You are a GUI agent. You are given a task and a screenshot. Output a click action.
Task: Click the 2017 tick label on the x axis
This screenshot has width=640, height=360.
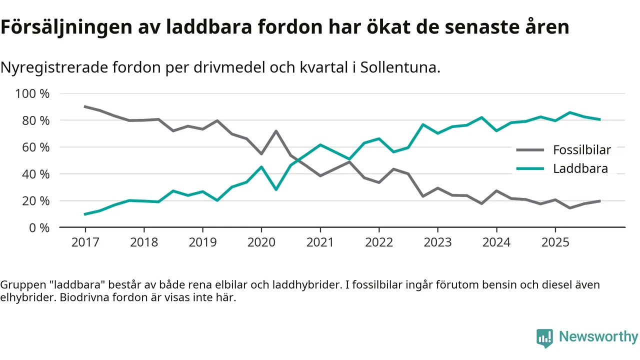[x=85, y=242]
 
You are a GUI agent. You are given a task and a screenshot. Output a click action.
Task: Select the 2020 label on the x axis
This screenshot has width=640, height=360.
[x=261, y=242]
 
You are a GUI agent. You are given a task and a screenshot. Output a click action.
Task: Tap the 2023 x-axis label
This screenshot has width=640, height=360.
[x=437, y=242]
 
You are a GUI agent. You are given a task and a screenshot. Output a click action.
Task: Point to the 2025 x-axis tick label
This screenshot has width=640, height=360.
[x=555, y=242]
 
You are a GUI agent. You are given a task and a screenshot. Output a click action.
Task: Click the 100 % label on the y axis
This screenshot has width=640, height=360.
[x=32, y=94]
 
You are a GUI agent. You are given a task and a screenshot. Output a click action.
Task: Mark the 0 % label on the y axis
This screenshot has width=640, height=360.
[x=39, y=228]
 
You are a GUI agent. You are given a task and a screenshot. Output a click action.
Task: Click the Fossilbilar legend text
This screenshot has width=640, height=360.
[x=582, y=149]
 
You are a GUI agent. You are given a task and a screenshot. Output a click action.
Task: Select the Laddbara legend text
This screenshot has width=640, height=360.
[x=580, y=168]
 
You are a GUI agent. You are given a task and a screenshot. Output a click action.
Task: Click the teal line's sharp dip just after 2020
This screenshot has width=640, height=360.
[x=276, y=189]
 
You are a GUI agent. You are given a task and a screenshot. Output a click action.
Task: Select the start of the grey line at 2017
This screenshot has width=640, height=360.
[x=85, y=106]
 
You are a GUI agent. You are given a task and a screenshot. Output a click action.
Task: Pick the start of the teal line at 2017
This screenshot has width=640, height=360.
[x=85, y=214]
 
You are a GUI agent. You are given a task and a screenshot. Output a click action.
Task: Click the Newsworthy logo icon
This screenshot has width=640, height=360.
[x=544, y=338]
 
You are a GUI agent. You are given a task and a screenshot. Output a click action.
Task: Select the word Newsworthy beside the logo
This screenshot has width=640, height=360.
[x=598, y=336]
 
